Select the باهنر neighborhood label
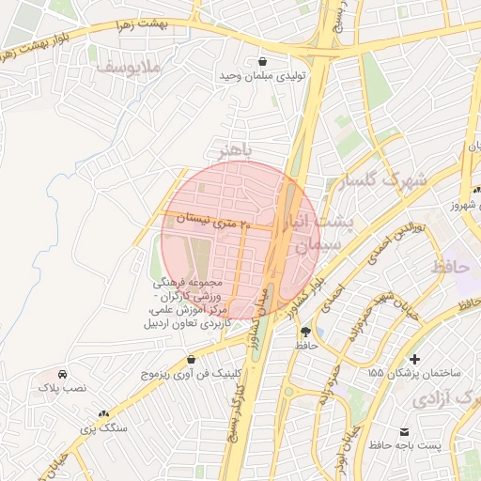235,150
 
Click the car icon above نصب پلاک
62,372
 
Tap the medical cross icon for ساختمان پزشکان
415,359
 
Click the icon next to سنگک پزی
103,413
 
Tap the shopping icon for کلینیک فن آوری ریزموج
192,359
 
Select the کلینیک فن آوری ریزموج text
193,374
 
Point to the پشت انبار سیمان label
319,235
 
